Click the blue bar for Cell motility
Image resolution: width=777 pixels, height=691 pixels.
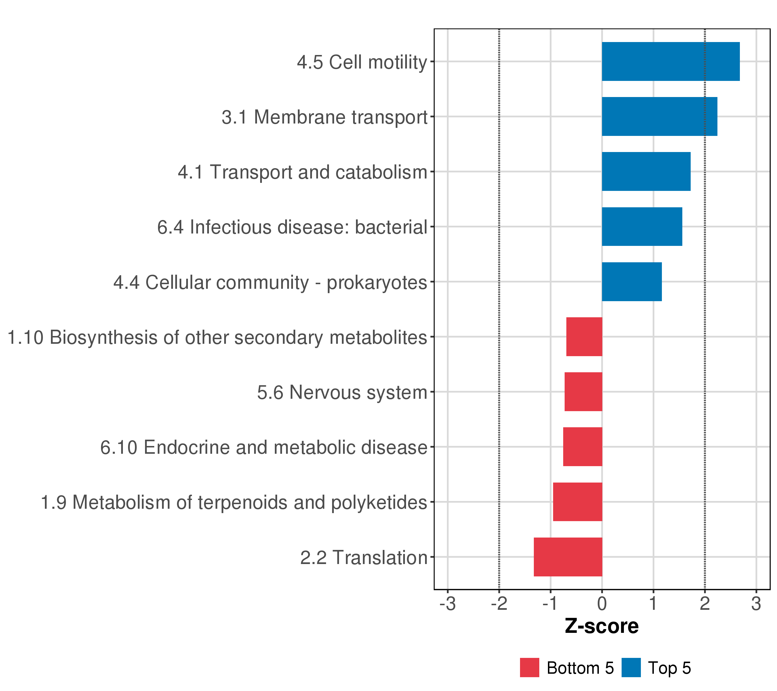[671, 62]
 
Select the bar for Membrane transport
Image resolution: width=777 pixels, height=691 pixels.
[660, 116]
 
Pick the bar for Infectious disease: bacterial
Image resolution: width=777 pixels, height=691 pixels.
[642, 227]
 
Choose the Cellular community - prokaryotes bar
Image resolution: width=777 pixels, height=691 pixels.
[632, 282]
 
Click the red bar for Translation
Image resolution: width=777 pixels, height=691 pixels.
[568, 557]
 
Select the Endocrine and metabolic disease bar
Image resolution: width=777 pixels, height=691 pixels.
[582, 447]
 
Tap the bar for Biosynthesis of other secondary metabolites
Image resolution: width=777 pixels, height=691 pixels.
[584, 337]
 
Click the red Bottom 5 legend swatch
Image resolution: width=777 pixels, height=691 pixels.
[530, 667]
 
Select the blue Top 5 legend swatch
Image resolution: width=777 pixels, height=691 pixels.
[631, 667]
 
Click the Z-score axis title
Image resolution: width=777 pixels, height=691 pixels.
[602, 626]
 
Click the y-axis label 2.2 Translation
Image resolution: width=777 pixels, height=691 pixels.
[364, 557]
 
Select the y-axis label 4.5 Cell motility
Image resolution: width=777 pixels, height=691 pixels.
[362, 62]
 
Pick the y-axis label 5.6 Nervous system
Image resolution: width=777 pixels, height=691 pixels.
[342, 392]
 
